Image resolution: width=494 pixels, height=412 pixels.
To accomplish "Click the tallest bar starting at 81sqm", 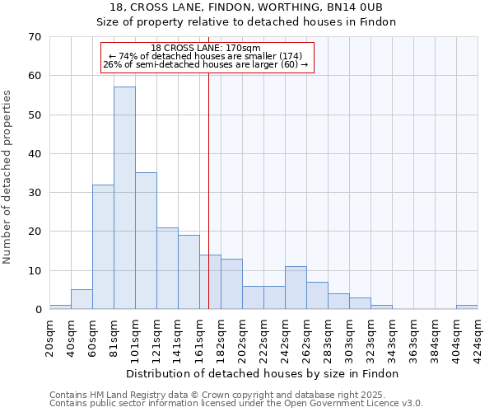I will pos(124,198).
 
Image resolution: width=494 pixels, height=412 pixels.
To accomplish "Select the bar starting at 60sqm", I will pos(103,247).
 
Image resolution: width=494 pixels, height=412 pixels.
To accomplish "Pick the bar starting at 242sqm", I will pos(296,288).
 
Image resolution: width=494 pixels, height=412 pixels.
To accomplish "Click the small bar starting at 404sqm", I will pos(467,307).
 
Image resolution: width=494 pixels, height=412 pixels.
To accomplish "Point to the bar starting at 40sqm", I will pos(82,300).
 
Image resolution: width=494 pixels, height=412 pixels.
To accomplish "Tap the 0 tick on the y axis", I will pos(38,310).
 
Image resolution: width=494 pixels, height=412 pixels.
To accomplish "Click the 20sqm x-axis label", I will pos(50,337).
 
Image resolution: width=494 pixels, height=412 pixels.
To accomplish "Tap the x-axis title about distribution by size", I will pos(263,373).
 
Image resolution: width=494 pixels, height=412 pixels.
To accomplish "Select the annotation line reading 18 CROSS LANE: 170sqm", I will pos(206,48).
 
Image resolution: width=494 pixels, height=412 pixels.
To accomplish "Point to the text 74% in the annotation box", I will pos(128,56).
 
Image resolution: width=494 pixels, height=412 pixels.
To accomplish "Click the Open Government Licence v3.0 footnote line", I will pos(236,404).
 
